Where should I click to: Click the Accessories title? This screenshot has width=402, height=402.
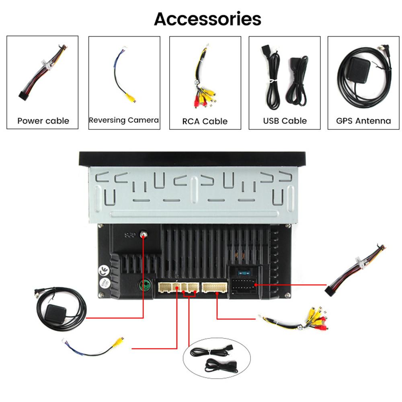pos(207,19)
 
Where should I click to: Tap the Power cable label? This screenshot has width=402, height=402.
pos(43,121)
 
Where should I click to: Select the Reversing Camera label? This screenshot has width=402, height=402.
pos(124,120)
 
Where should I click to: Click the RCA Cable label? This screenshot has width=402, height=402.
pos(205,121)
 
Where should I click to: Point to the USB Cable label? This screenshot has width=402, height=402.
pos(285,121)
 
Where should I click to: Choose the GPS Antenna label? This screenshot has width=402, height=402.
pos(363,121)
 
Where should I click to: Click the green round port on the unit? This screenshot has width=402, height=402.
pos(145,285)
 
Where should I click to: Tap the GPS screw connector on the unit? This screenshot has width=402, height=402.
pos(144,234)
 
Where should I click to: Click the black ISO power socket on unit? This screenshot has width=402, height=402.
pos(244,286)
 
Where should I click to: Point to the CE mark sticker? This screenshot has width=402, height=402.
pos(104,271)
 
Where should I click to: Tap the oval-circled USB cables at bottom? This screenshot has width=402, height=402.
pos(217,359)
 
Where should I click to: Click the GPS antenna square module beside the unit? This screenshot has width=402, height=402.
pos(55,312)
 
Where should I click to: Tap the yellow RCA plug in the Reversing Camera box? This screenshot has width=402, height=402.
pos(131,98)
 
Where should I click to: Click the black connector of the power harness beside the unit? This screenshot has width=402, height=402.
pos(330,291)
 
